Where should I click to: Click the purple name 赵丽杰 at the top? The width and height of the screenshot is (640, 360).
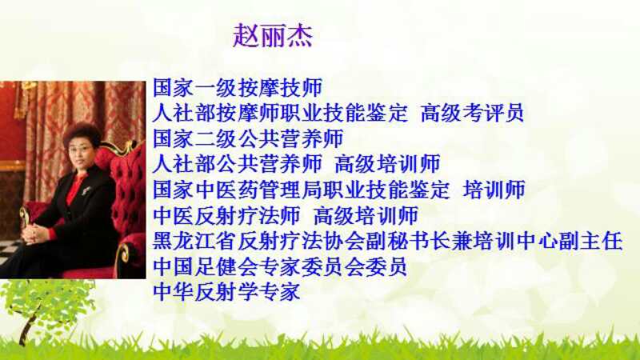tap(273, 35)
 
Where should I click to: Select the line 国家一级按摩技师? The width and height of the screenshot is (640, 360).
tap(238, 87)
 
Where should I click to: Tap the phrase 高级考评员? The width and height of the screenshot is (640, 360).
tap(472, 113)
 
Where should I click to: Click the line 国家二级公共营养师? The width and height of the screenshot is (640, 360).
tap(248, 138)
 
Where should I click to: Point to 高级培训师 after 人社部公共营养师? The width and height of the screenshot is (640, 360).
tap(387, 164)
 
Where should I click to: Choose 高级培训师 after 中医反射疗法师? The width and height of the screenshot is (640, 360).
tap(366, 215)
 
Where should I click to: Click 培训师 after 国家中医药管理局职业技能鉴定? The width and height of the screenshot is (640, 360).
tap(494, 190)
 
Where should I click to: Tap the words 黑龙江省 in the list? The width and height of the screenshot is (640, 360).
tap(194, 242)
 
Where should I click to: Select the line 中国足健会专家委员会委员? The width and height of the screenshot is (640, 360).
tap(280, 266)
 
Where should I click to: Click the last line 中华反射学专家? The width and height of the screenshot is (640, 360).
tap(227, 292)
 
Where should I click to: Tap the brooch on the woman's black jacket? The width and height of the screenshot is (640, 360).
tap(86, 190)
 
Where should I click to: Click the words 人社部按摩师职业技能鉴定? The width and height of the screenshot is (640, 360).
tap(280, 113)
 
